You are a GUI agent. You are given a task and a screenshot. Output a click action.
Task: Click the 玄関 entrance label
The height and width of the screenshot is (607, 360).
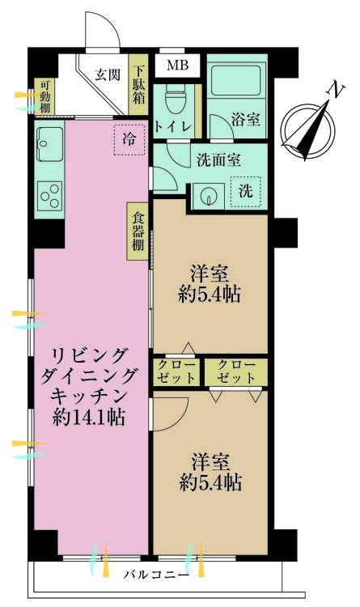click(x=107, y=75)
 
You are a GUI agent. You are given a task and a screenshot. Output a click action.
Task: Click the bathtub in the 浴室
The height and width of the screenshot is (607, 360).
click(x=234, y=81)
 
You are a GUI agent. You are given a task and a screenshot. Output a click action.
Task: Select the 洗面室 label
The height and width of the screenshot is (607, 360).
click(x=218, y=159)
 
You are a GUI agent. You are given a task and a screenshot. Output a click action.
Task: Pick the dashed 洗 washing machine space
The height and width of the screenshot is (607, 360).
click(x=246, y=192)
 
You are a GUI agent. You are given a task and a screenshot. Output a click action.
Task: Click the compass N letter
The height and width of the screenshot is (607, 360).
click(x=332, y=91)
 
